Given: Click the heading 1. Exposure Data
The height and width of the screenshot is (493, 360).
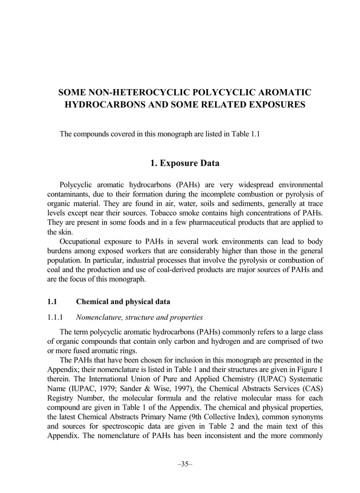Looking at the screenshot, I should (185, 163).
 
